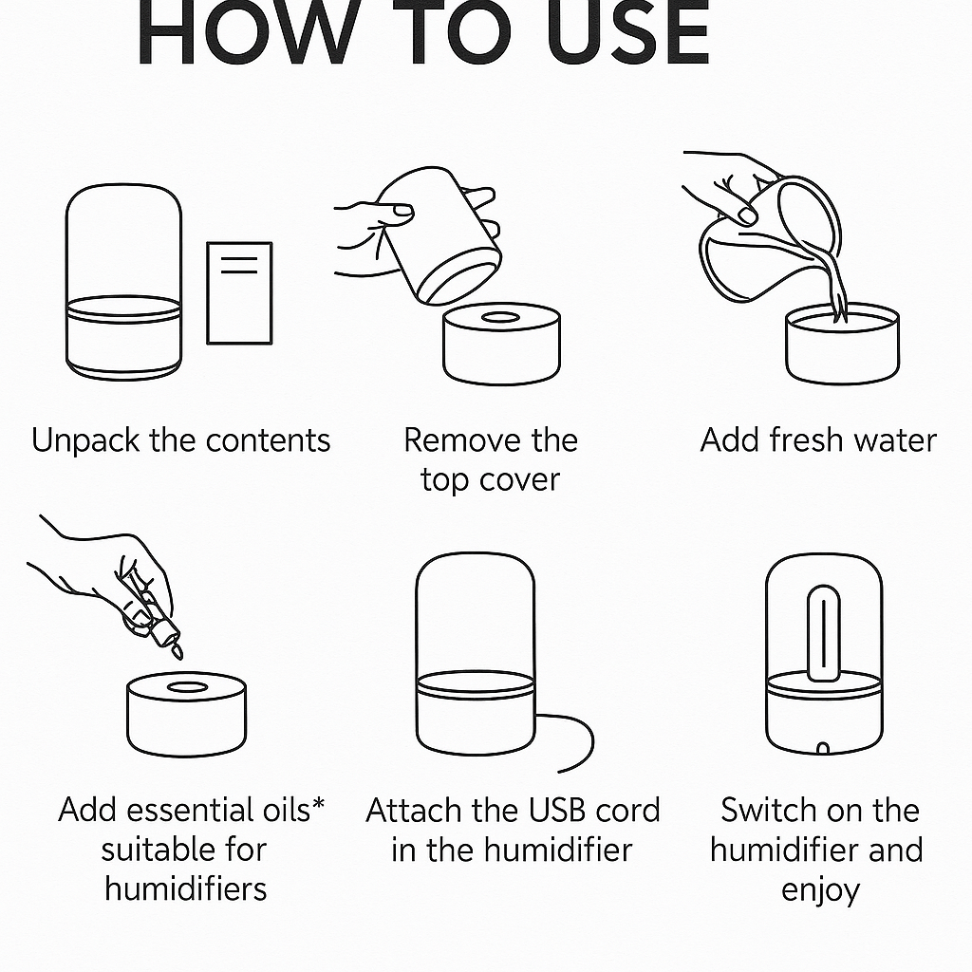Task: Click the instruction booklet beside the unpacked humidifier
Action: (239, 292)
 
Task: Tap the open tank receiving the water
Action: (841, 346)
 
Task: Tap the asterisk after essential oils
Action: (318, 805)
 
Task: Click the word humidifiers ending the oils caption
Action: (186, 888)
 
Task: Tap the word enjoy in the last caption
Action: (820, 890)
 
